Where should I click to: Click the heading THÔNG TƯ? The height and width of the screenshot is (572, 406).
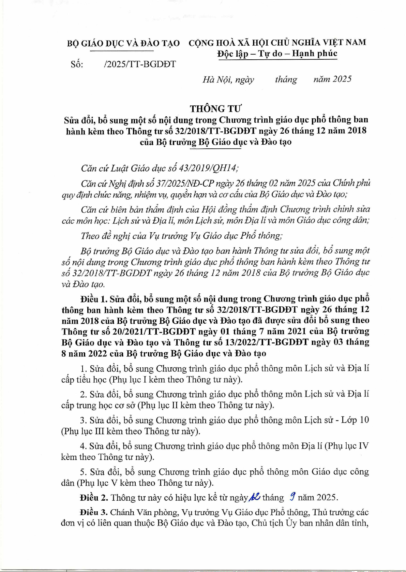point(215,108)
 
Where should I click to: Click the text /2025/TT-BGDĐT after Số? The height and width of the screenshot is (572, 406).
point(140,64)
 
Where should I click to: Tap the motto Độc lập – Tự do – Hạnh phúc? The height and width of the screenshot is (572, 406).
point(277,54)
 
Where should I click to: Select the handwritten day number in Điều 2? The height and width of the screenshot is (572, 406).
point(255,497)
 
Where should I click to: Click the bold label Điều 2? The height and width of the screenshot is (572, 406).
point(94,498)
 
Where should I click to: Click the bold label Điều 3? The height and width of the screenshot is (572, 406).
point(94,512)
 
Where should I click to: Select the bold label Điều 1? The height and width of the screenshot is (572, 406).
point(94,299)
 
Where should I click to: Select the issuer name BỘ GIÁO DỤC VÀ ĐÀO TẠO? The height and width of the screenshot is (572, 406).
point(123,43)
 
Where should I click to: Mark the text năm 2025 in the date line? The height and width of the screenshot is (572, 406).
point(332,79)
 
